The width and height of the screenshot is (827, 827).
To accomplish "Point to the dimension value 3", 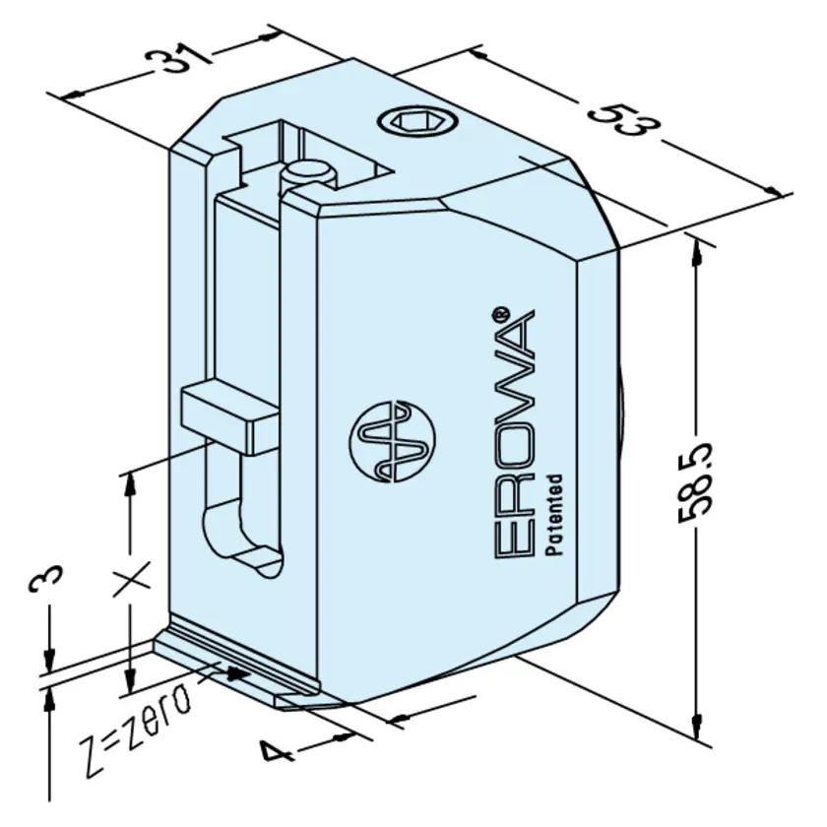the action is point(45,581).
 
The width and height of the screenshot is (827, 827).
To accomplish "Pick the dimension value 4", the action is point(277,750).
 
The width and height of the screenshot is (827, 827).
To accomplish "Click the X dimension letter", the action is point(132,579).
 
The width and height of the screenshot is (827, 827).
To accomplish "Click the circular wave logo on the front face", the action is point(393,441).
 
